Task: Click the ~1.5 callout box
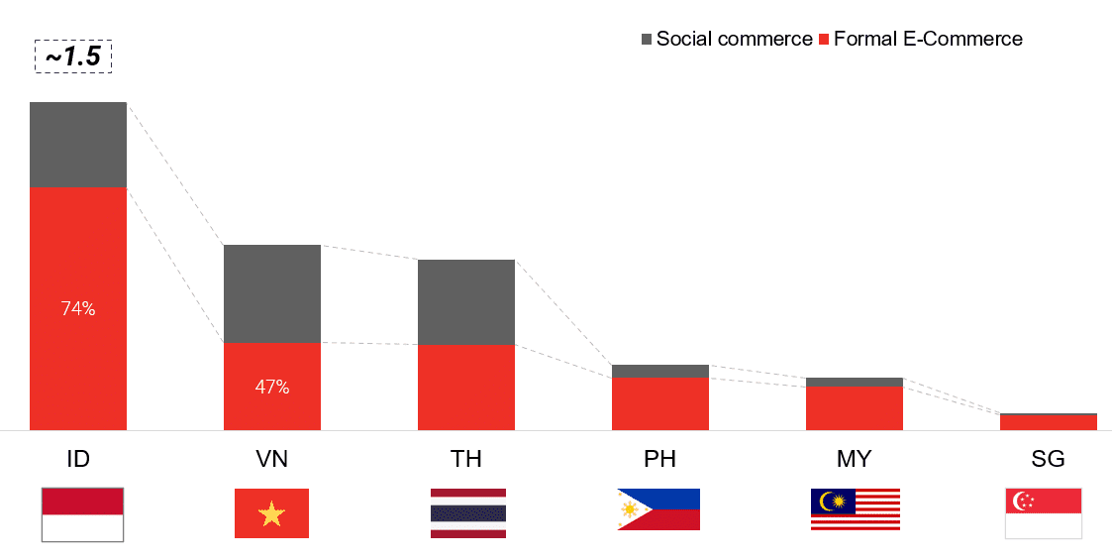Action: point(73,57)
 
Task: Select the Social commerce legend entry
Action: point(726,39)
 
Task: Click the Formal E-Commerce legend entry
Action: point(921,39)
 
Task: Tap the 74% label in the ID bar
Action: point(78,309)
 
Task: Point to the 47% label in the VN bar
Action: point(272,387)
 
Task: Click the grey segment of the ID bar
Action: point(78,145)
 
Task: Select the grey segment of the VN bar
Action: point(272,293)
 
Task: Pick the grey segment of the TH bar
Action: point(466,302)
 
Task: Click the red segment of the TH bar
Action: point(466,388)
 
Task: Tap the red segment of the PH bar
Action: point(660,403)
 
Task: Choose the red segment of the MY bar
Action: point(855,408)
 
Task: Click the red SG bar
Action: point(1049,422)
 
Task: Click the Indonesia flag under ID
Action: point(82,514)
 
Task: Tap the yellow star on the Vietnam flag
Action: point(271,513)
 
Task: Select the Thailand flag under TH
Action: point(468,513)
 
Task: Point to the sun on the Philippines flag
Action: point(629,509)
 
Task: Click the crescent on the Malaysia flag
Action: point(825,502)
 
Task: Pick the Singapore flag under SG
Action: point(1044,513)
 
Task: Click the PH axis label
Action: point(660,459)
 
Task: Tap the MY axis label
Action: point(855,459)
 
